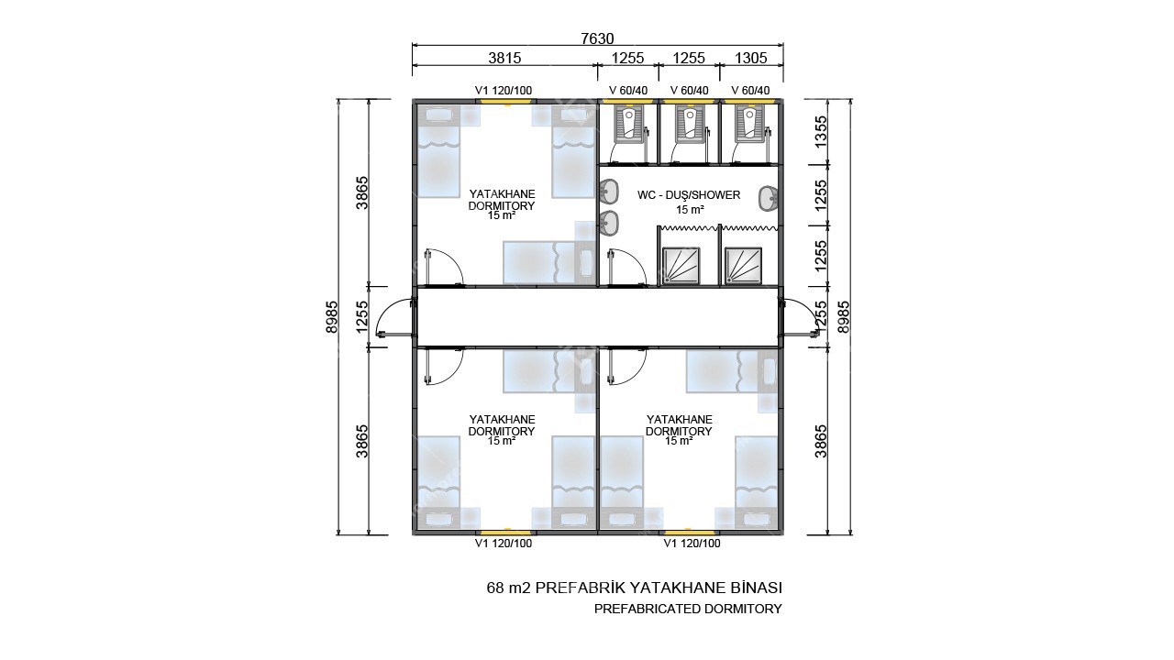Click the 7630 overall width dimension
tap(597, 38)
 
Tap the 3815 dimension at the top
tap(504, 58)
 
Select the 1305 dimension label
tap(750, 58)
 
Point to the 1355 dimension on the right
tap(821, 131)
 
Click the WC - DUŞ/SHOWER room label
tap(689, 195)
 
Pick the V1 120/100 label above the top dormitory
tap(504, 91)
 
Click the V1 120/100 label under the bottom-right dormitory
tap(692, 544)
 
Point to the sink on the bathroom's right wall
tap(769, 199)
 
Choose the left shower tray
tap(681, 266)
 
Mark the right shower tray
tap(743, 266)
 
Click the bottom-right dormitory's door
tap(626, 368)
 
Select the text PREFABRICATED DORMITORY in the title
tap(688, 610)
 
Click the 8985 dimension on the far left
tap(332, 317)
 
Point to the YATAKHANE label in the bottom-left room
tap(502, 420)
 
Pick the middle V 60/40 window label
tap(689, 91)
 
